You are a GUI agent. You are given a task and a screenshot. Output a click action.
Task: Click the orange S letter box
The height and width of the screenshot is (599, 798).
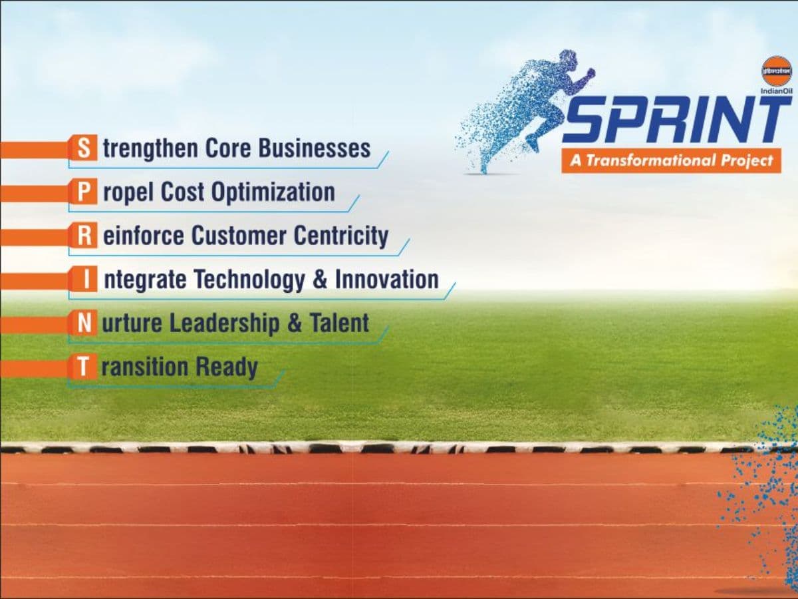(83, 148)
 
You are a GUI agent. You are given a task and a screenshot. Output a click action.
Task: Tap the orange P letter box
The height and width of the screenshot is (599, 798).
(83, 192)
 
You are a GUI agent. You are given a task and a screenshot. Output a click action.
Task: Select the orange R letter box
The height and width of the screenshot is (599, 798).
(83, 236)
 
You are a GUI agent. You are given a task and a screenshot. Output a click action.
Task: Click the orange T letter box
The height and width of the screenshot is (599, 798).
(83, 367)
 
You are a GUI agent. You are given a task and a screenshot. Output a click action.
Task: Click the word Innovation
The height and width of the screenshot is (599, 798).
(386, 280)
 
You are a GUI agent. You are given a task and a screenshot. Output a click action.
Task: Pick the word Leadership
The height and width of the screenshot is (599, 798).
(224, 323)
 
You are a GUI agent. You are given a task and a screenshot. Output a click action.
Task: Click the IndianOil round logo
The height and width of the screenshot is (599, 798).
(776, 71)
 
